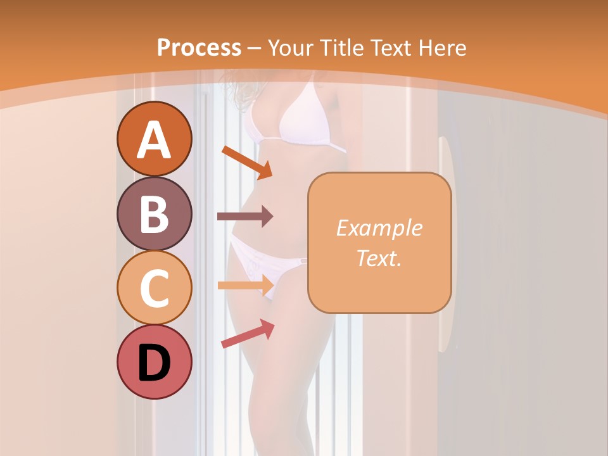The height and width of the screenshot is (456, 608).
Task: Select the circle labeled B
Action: point(154,214)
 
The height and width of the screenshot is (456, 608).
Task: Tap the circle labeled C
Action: point(154,288)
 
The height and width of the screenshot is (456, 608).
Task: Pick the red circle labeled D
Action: point(154,362)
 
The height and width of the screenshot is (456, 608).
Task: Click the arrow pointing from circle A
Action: point(246,162)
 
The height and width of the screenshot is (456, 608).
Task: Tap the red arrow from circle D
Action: point(247,334)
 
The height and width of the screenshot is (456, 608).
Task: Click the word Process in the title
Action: point(199,47)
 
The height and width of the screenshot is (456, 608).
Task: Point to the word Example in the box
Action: point(379,228)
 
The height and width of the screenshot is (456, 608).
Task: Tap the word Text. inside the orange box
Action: point(379,258)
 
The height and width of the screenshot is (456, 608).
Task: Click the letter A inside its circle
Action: point(154,139)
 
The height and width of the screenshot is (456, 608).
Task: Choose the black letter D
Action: point(154,364)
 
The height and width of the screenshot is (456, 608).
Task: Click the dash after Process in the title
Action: point(255,48)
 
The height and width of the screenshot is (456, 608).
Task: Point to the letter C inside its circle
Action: point(154,289)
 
